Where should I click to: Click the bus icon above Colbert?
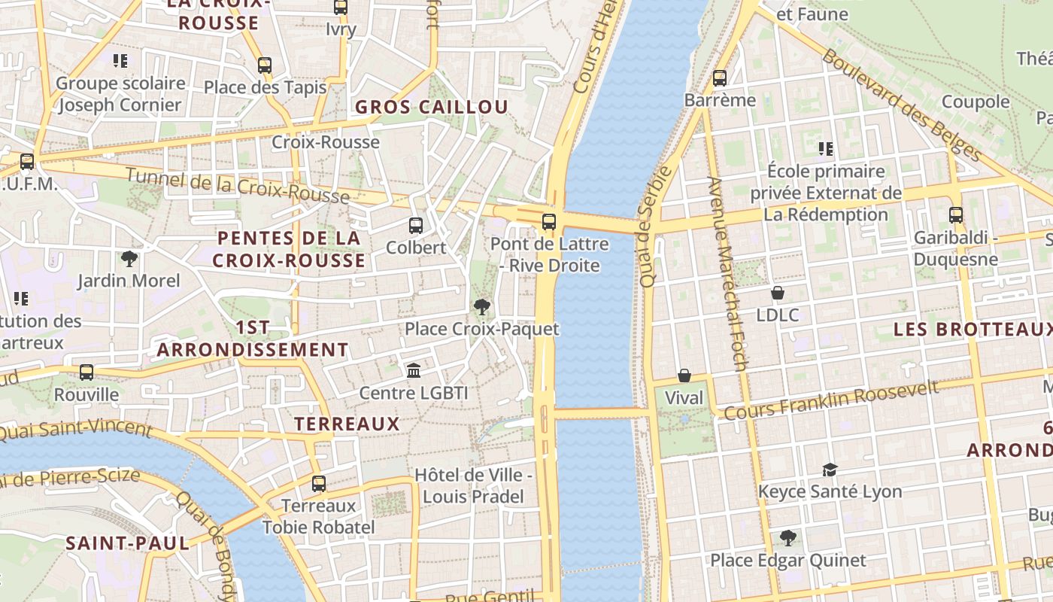[x=415, y=225]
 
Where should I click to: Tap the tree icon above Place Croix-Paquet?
[x=482, y=306]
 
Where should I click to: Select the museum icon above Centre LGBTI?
[x=414, y=370]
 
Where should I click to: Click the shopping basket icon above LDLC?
[x=778, y=292]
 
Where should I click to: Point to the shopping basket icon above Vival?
[x=684, y=375]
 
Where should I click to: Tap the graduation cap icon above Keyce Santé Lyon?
[x=830, y=470]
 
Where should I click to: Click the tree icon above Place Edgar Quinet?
[x=788, y=537]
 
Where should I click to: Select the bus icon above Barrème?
[x=720, y=78]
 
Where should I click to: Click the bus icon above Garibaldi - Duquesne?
[x=956, y=215]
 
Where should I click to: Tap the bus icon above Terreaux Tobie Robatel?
[x=319, y=483]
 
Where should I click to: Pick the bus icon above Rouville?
[x=86, y=372]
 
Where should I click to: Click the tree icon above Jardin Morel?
[x=129, y=259]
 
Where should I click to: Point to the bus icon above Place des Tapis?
[x=265, y=65]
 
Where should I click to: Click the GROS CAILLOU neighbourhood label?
[x=432, y=107]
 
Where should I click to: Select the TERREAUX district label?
[x=347, y=424]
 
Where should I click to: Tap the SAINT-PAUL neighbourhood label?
[x=127, y=543]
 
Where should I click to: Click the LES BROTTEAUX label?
[x=972, y=330]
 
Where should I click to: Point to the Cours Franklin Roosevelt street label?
[x=831, y=400]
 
